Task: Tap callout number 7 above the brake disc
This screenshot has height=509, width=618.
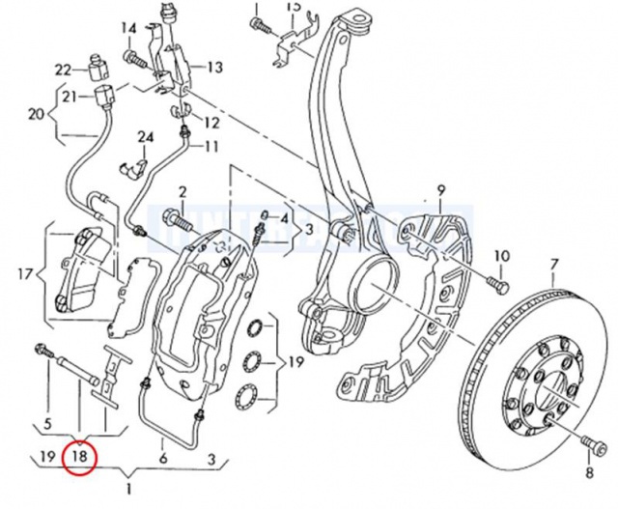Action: coord(554,264)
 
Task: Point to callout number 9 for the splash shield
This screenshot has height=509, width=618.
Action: coord(441,189)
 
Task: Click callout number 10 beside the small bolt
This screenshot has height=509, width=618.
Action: coord(501,256)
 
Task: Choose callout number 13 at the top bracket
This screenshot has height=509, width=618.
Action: coord(214,67)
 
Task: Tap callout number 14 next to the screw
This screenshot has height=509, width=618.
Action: coord(129,28)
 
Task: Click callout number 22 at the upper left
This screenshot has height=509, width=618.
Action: coord(63,69)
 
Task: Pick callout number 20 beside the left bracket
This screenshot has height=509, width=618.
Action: coord(37,115)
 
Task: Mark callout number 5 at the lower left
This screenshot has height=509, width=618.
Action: coord(42,423)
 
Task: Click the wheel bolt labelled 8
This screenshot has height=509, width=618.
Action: coord(589,443)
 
